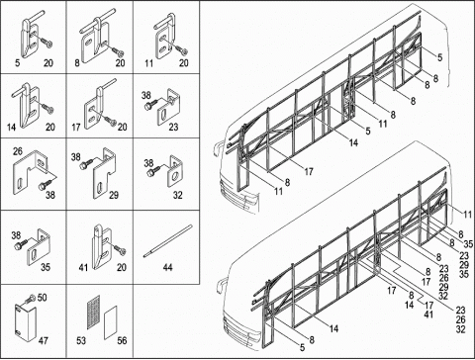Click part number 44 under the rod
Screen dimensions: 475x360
point(168,267)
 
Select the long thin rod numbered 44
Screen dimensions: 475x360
point(167,240)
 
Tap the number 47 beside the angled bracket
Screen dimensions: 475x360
point(44,340)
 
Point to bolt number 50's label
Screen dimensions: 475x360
point(42,298)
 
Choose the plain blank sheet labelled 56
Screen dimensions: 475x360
point(111,322)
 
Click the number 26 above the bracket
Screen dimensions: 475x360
point(18,151)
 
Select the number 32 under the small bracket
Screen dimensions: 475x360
point(177,196)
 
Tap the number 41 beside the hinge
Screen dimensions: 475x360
point(83,267)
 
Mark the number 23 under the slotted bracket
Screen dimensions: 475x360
point(173,127)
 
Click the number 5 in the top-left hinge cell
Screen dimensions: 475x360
point(17,62)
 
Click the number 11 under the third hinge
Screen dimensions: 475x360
point(149,63)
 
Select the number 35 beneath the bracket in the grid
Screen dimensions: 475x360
point(46,267)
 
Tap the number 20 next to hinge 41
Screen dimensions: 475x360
point(122,267)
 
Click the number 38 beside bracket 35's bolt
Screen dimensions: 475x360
point(16,235)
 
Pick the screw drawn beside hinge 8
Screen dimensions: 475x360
point(118,51)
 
